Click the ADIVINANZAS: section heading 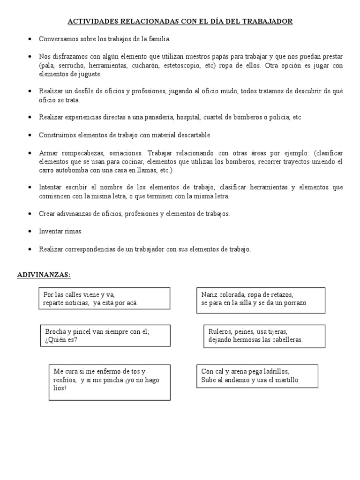point(44,275)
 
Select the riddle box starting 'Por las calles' point(104,299)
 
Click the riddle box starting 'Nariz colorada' point(261,299)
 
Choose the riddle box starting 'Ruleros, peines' point(264,336)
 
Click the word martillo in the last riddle point(284,380)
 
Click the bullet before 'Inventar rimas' point(30,232)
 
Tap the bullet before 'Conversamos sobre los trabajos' point(30,39)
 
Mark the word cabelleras point(286,340)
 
